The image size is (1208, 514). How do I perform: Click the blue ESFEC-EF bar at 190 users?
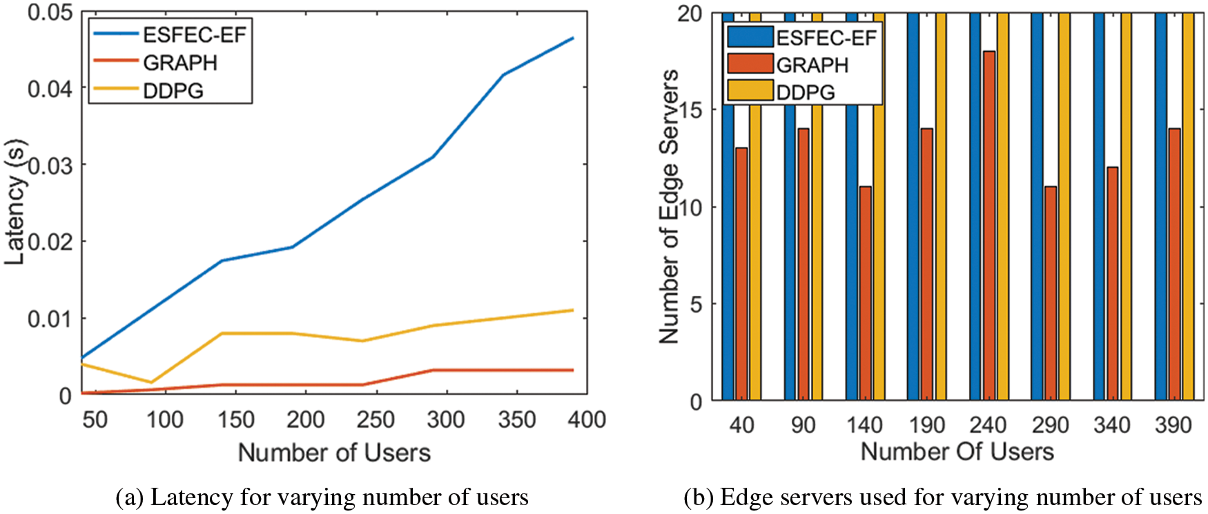tap(913, 207)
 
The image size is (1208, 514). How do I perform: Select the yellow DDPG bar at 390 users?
tap(1188, 207)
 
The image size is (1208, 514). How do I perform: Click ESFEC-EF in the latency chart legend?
tap(194, 34)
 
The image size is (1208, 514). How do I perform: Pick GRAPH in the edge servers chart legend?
tap(812, 65)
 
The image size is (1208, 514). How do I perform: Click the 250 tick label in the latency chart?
tap(376, 419)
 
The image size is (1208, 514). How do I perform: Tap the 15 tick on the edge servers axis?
tap(691, 110)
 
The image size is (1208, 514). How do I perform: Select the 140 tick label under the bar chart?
tap(864, 425)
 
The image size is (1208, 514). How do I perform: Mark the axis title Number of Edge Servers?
tap(668, 207)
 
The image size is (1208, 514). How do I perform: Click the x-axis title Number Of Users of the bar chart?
tap(957, 452)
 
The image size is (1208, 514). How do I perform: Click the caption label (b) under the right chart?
tap(698, 497)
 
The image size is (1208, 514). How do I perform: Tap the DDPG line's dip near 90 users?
tap(151, 382)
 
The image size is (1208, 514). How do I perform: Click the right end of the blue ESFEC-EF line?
tap(573, 38)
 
